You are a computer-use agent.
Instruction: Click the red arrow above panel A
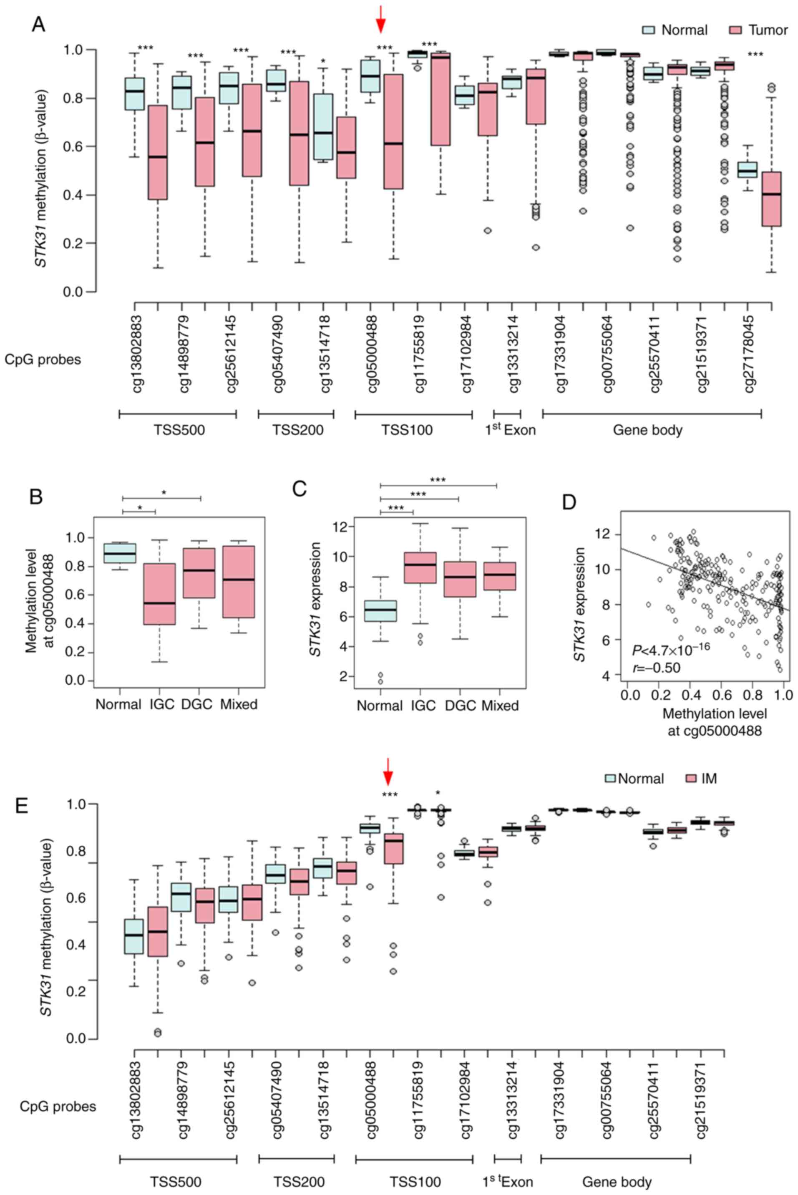(381, 18)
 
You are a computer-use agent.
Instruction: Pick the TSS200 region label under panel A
(298, 430)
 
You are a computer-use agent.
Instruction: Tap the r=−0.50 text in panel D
(656, 667)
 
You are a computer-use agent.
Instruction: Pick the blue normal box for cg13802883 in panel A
(134, 93)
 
